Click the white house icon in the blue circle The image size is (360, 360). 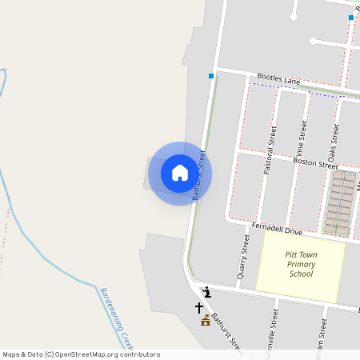(180, 173)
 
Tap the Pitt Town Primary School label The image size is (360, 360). (300, 265)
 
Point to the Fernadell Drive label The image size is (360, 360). (277, 229)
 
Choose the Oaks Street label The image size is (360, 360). (334, 138)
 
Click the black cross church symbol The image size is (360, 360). (199, 307)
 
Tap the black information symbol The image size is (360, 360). (206, 292)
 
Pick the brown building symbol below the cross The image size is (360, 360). (206, 321)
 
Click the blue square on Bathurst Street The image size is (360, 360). (211, 76)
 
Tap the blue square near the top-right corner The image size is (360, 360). (350, 18)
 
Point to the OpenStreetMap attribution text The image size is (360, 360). (81, 354)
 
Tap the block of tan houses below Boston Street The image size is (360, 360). (342, 203)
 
